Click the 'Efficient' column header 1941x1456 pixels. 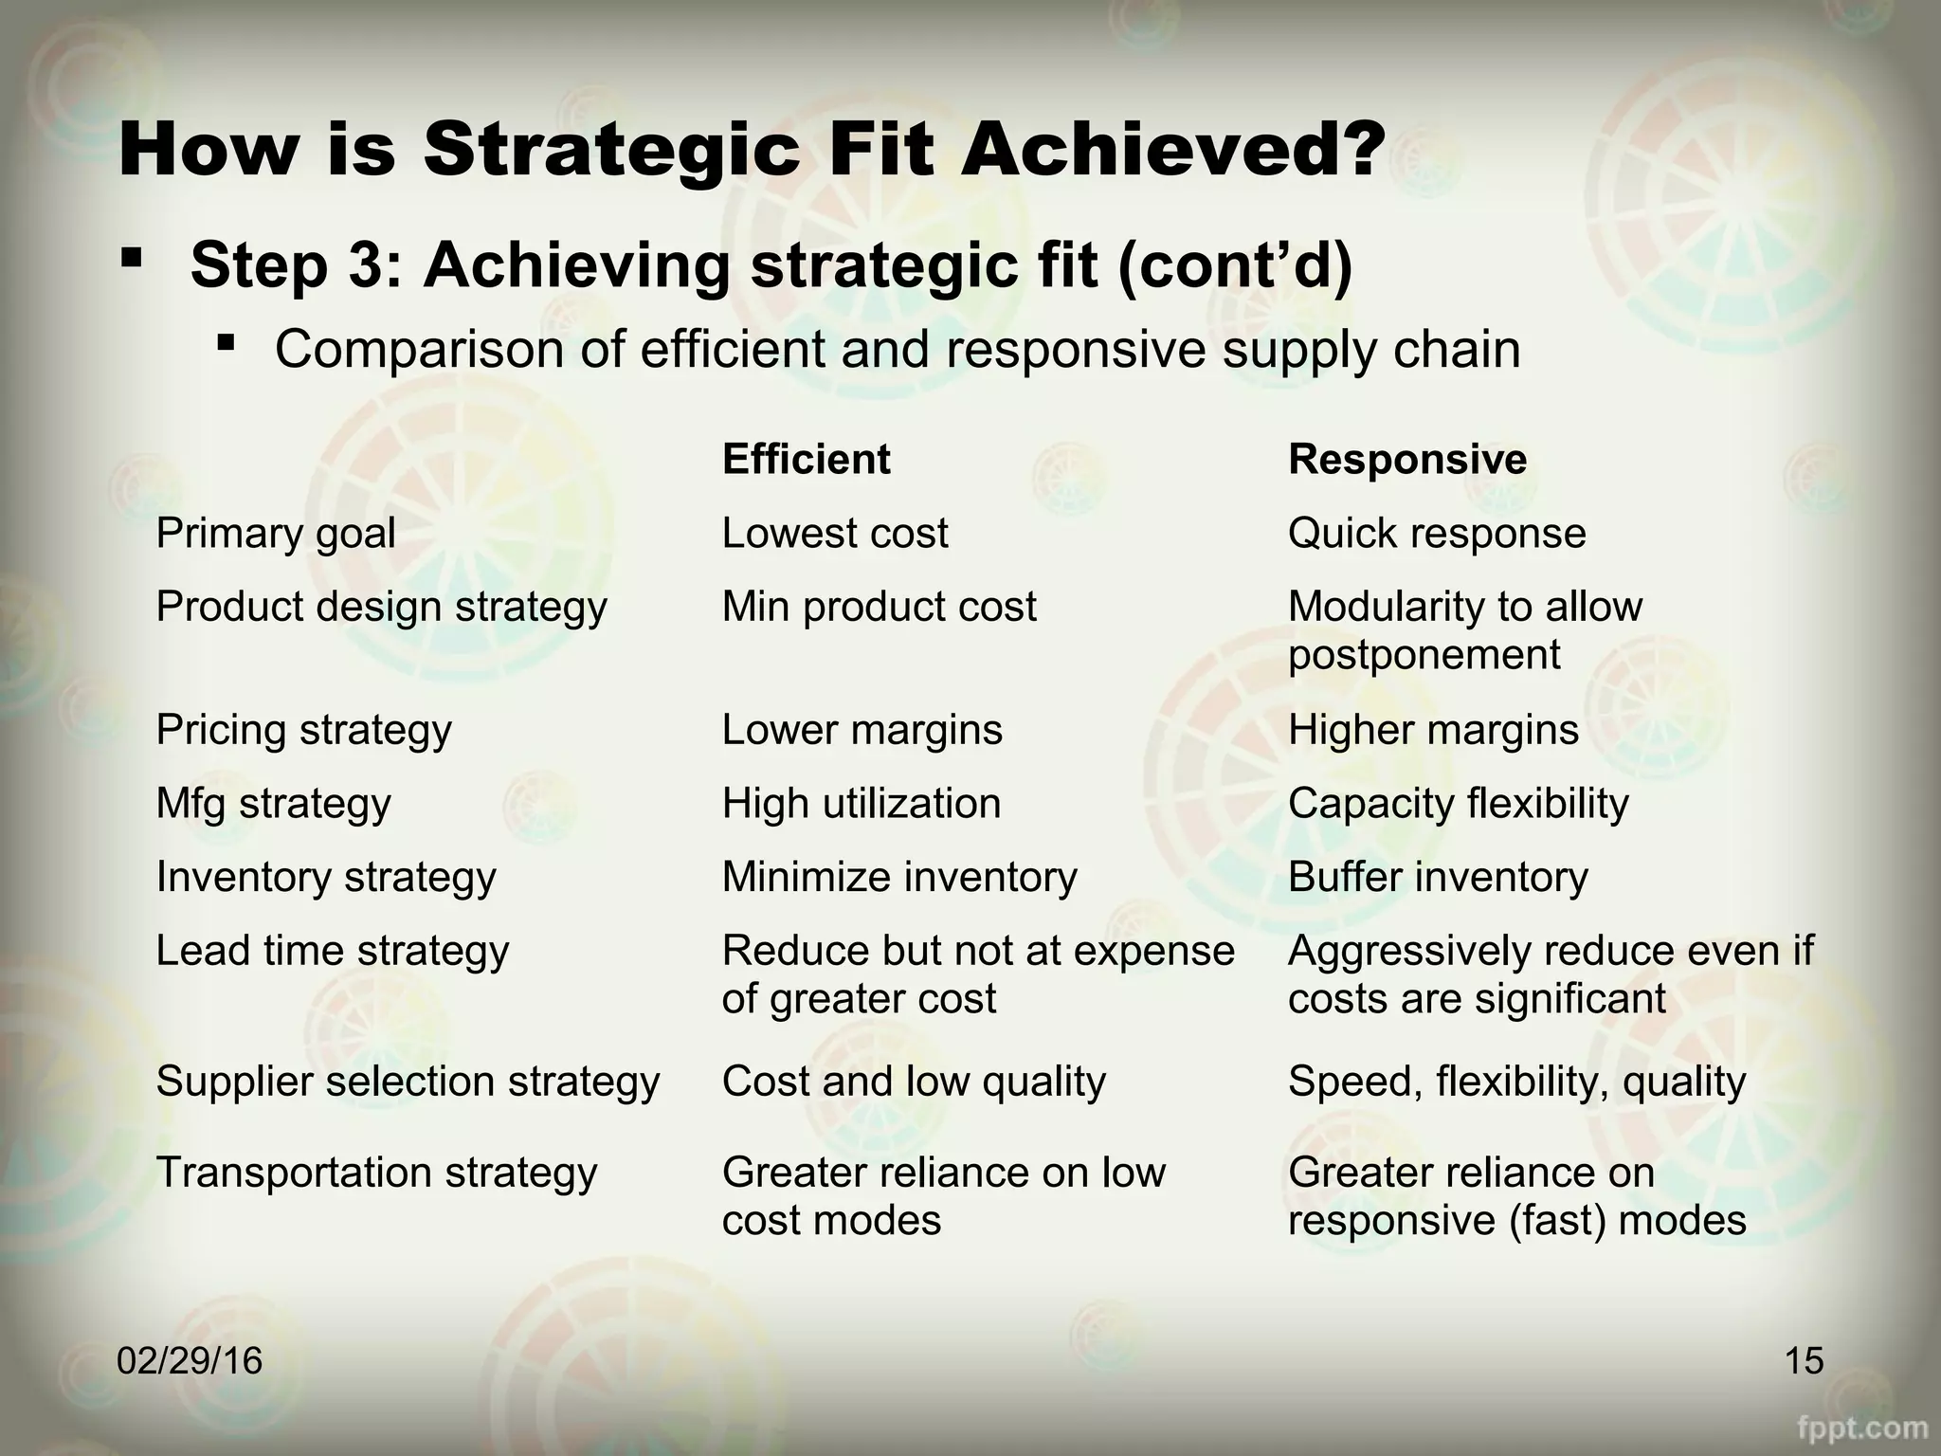pos(806,460)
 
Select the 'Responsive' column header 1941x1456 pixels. pos(1406,460)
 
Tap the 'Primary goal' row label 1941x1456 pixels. pos(275,534)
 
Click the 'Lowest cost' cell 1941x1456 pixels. pos(834,534)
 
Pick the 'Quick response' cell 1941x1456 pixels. pos(1436,534)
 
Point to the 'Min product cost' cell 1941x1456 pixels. pos(879,607)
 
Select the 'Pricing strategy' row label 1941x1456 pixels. pos(303,730)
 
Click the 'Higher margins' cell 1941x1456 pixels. pos(1433,730)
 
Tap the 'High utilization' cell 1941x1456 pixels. pos(861,804)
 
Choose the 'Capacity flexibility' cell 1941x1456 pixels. pos(1458,804)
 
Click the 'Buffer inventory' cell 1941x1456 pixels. pos(1437,877)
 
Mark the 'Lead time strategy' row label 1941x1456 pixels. pos(332,951)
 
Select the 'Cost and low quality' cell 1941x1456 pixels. pos(913,1082)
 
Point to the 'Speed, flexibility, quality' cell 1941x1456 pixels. pos(1515,1082)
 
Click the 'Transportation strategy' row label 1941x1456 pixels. pos(376,1173)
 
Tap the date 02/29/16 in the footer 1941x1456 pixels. pos(190,1361)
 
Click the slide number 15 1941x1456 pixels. pos(1804,1361)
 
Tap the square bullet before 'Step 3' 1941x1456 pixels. pos(133,257)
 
